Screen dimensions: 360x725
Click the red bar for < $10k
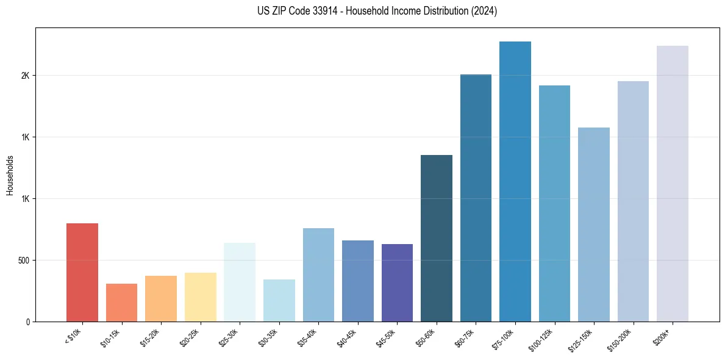tap(82, 272)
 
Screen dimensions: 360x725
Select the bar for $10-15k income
tap(121, 303)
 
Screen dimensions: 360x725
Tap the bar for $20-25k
tap(201, 297)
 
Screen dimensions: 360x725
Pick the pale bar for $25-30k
tap(240, 282)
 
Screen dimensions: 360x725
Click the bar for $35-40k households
tap(318, 275)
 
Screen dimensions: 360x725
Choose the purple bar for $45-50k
tap(397, 283)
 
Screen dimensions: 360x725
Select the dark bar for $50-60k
tap(437, 238)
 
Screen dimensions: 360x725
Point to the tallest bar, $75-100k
tap(515, 181)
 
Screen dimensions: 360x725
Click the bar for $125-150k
tap(594, 225)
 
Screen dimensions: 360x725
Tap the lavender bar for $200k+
tap(673, 184)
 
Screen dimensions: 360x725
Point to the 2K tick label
tap(25, 76)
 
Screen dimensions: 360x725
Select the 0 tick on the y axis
tap(27, 322)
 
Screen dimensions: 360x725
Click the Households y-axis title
tap(10, 175)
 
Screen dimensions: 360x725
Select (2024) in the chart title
tap(485, 11)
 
